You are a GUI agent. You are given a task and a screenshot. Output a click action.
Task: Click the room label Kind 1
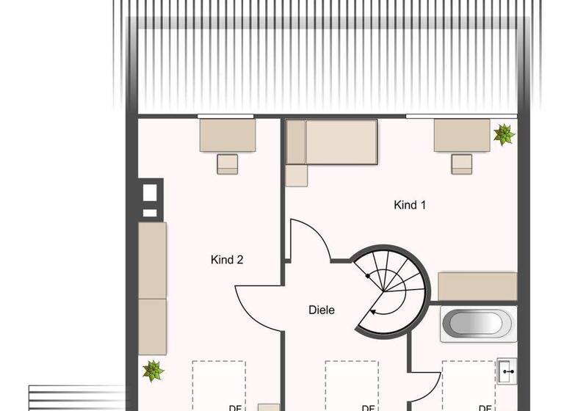(410, 205)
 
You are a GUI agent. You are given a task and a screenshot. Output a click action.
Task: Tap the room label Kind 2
(227, 260)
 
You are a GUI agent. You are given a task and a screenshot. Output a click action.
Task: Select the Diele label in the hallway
(322, 310)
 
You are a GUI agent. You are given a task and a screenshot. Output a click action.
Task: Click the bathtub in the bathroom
(478, 324)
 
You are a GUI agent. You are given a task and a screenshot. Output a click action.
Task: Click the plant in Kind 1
(504, 134)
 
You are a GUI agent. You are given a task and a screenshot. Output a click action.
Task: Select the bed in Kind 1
(332, 142)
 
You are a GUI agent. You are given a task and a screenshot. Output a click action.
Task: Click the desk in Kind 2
(228, 136)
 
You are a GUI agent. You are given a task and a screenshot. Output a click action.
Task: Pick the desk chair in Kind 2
(228, 164)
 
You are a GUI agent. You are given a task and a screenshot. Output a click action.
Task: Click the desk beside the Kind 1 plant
(461, 136)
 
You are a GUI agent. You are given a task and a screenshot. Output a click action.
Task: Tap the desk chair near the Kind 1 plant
(461, 164)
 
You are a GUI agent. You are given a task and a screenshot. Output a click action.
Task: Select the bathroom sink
(507, 372)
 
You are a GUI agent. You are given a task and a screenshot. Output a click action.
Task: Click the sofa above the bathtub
(477, 285)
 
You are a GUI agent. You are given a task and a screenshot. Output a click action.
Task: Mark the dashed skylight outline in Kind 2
(218, 385)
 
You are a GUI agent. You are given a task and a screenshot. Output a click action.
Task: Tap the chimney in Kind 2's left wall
(149, 198)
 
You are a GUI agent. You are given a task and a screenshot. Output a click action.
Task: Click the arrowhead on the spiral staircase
(372, 311)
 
